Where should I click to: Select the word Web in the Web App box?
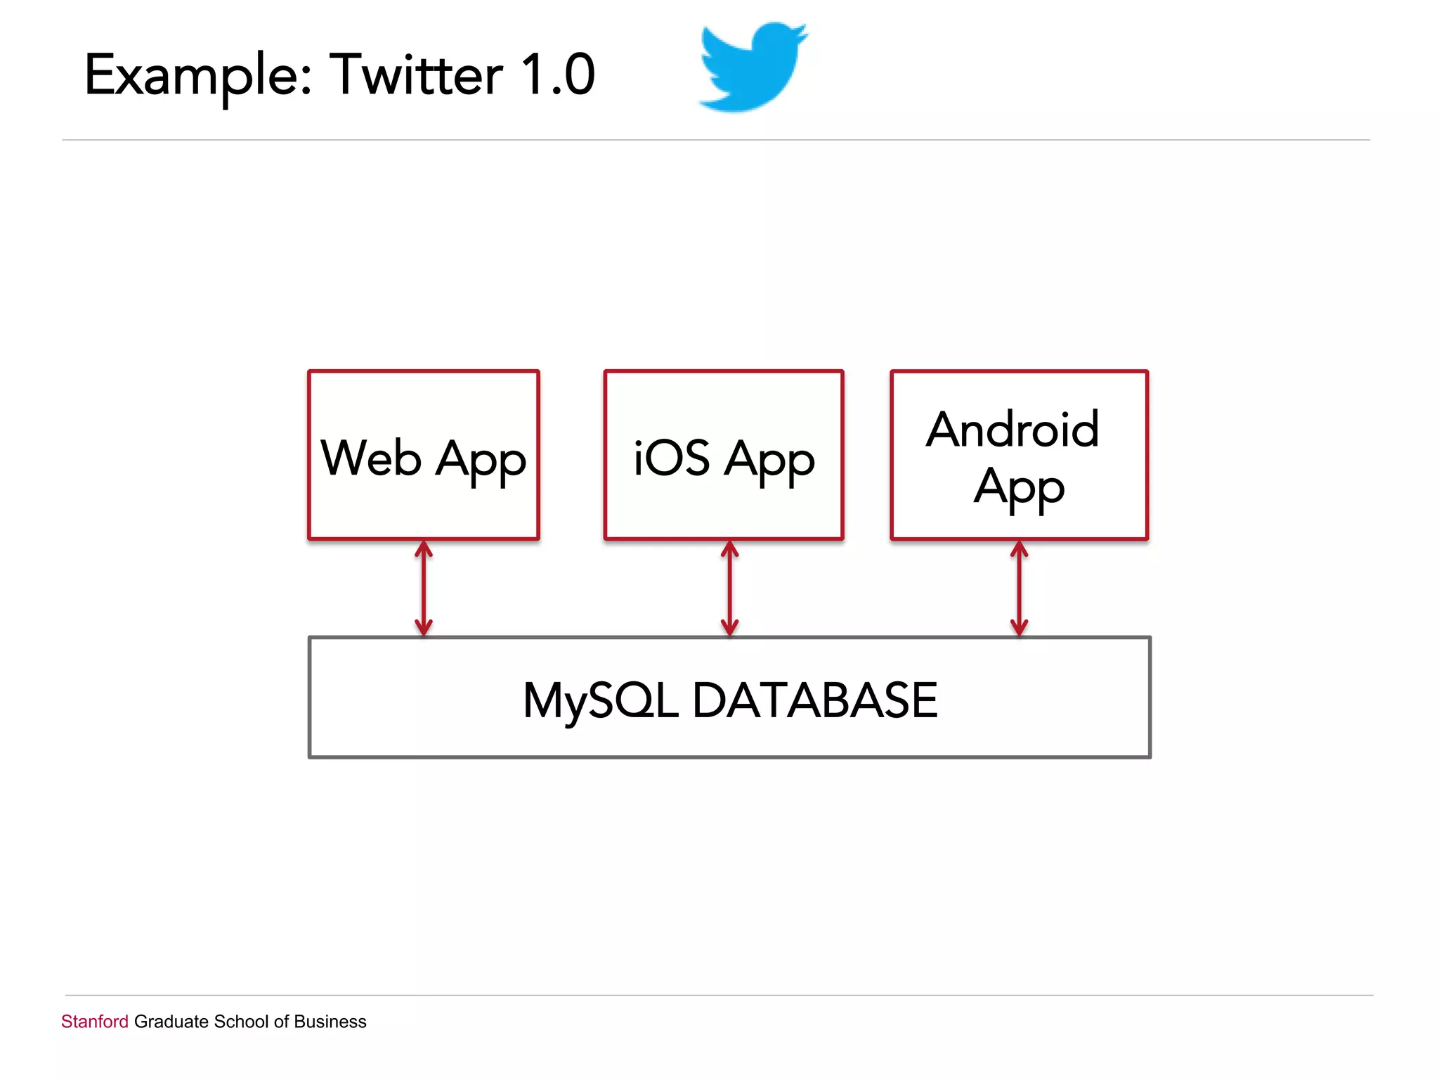(x=371, y=458)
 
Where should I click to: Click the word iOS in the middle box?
(x=671, y=458)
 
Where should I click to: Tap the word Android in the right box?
(x=1012, y=430)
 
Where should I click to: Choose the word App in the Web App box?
(x=481, y=461)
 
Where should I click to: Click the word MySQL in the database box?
(x=601, y=701)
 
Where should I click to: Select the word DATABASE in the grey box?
(x=815, y=700)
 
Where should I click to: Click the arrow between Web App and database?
(x=424, y=589)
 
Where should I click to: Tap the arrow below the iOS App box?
(x=730, y=589)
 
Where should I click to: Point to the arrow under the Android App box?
(x=1020, y=589)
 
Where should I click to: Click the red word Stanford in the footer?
(x=95, y=1022)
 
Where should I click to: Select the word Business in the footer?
(x=330, y=1022)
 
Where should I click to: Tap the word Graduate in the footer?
(x=171, y=1022)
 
